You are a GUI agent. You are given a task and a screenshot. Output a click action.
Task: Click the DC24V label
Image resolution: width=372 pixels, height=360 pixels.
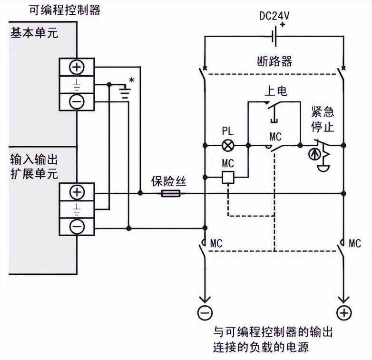(x=274, y=16)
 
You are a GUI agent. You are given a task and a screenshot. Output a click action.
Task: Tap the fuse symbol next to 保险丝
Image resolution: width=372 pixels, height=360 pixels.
(x=170, y=193)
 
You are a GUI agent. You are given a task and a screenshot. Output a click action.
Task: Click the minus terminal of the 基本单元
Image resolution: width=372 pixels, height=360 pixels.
(x=77, y=101)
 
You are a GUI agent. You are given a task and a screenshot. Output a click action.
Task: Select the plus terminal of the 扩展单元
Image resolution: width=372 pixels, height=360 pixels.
(x=77, y=192)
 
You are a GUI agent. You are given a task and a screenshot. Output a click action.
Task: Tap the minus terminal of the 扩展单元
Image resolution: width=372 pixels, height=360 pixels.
(x=77, y=227)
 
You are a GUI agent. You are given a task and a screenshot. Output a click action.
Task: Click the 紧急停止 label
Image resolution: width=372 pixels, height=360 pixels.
(x=323, y=120)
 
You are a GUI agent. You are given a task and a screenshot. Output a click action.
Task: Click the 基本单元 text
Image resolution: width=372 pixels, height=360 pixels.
(x=33, y=34)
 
